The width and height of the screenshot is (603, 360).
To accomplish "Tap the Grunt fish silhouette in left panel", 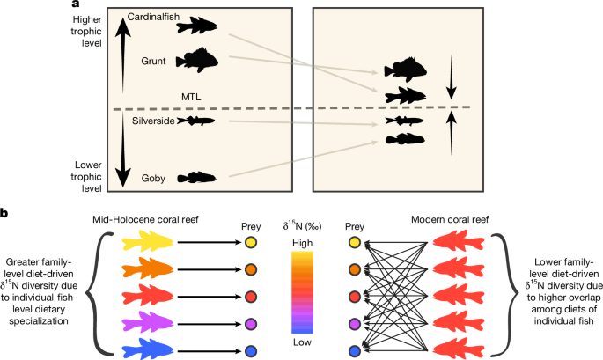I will pyautogui.click(x=195, y=61).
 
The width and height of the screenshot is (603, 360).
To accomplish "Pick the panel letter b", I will pyautogui.click(x=4, y=214).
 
